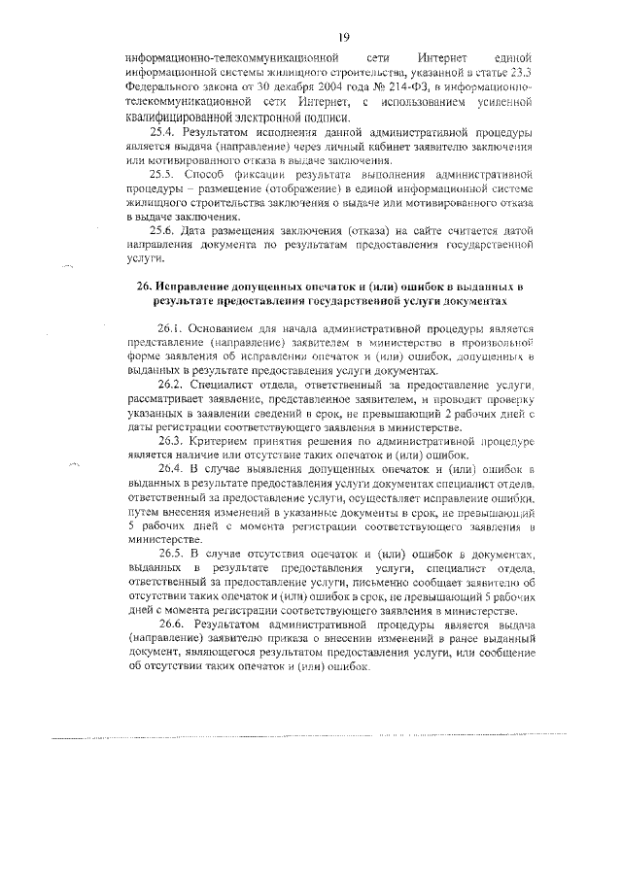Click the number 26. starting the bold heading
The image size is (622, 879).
146,287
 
